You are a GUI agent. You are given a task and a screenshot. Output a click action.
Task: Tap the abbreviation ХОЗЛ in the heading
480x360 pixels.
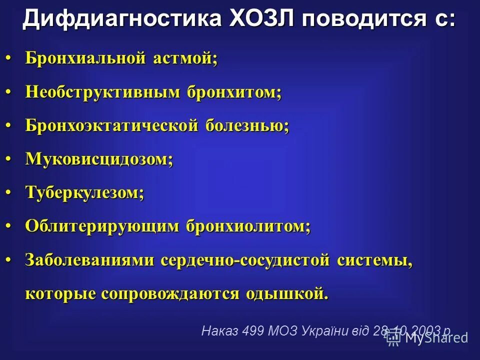tap(258, 19)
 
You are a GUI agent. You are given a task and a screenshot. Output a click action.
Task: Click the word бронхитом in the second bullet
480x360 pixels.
tap(234, 92)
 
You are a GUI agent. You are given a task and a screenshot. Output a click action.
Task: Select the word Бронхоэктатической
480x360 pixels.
tap(112, 125)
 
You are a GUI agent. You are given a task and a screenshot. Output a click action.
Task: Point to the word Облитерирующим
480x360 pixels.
tap(102, 226)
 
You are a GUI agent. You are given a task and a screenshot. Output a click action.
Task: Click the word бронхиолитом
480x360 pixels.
tap(248, 226)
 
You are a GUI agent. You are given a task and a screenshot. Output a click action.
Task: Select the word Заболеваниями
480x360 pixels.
tap(89, 260)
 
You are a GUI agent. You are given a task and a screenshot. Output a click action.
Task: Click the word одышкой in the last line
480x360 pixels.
tap(287, 293)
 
